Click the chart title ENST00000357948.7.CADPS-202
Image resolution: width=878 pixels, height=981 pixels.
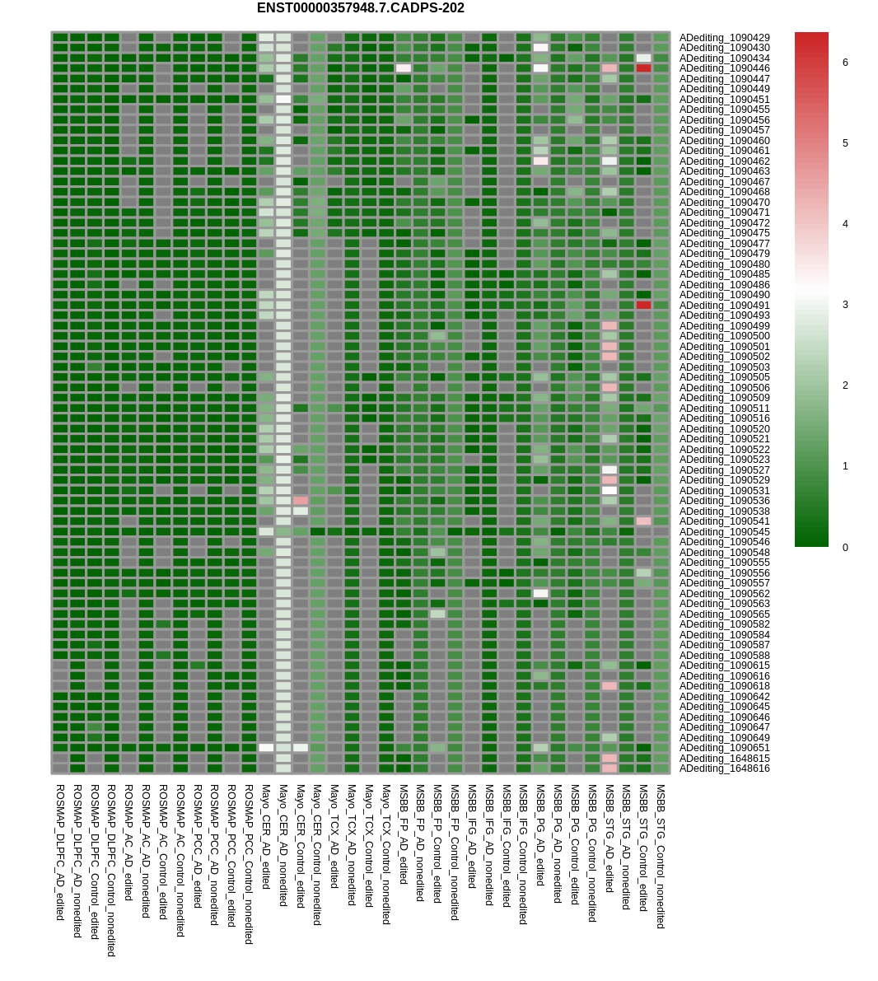point(360,8)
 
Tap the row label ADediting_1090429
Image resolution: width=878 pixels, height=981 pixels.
point(724,38)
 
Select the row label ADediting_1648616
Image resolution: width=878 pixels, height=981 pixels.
point(724,768)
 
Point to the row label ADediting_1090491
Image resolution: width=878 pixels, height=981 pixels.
point(724,306)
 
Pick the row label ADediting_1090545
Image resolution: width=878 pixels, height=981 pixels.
point(724,532)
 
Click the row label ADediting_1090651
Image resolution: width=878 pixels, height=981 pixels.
point(724,748)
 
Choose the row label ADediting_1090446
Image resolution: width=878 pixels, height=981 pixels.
point(724,68)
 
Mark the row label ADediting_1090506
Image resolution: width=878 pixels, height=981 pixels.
point(724,388)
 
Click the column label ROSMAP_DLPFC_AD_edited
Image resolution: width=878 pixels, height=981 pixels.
point(60,852)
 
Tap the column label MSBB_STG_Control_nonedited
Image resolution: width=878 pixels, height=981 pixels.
point(661,856)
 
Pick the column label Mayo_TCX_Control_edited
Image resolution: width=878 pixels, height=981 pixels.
point(369,845)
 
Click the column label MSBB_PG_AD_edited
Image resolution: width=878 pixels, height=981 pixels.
point(540,834)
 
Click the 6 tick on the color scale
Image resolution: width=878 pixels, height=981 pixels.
point(845,63)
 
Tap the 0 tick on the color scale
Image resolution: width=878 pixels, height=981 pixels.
point(845,548)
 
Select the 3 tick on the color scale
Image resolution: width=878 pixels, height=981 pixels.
point(845,305)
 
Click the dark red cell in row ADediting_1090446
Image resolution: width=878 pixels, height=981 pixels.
point(643,68)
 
